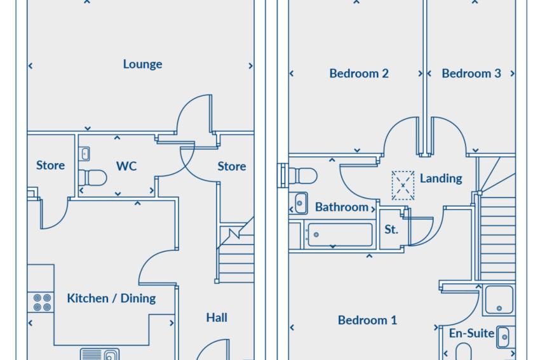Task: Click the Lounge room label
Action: click(x=142, y=64)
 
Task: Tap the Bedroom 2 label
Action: click(x=359, y=73)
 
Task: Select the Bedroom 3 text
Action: click(x=471, y=73)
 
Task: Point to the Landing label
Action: click(x=441, y=178)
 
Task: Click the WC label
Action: click(x=126, y=166)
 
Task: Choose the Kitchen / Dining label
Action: click(x=111, y=298)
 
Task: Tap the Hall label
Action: click(x=217, y=317)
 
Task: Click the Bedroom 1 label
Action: click(x=367, y=320)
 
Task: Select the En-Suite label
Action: click(x=471, y=333)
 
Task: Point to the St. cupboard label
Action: click(x=391, y=229)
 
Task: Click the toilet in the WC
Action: click(x=93, y=178)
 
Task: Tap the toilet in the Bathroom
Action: click(x=302, y=176)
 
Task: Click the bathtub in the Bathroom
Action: click(x=340, y=235)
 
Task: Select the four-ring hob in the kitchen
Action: click(x=41, y=302)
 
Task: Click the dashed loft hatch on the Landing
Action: click(x=403, y=185)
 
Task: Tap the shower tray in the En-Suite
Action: click(x=499, y=300)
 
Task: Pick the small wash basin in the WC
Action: click(x=84, y=154)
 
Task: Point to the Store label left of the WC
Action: click(x=51, y=165)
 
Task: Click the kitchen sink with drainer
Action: click(x=100, y=354)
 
